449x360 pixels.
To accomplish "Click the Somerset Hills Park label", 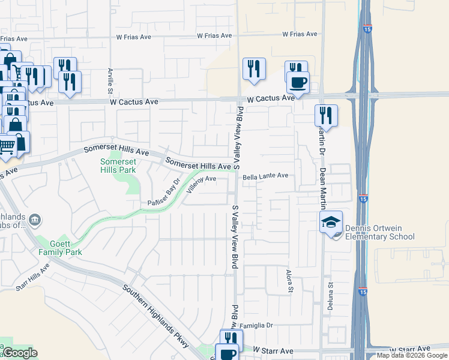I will coord(118,166).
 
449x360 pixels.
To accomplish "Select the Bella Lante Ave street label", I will coord(266,176).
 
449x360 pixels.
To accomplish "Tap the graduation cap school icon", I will coord(331,222).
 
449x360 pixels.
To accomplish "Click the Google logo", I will coord(19,353).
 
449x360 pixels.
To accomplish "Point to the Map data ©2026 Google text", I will coord(412,355).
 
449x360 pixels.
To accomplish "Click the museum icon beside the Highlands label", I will coord(35,220).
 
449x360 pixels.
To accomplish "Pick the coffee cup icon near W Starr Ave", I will coord(227,353).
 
